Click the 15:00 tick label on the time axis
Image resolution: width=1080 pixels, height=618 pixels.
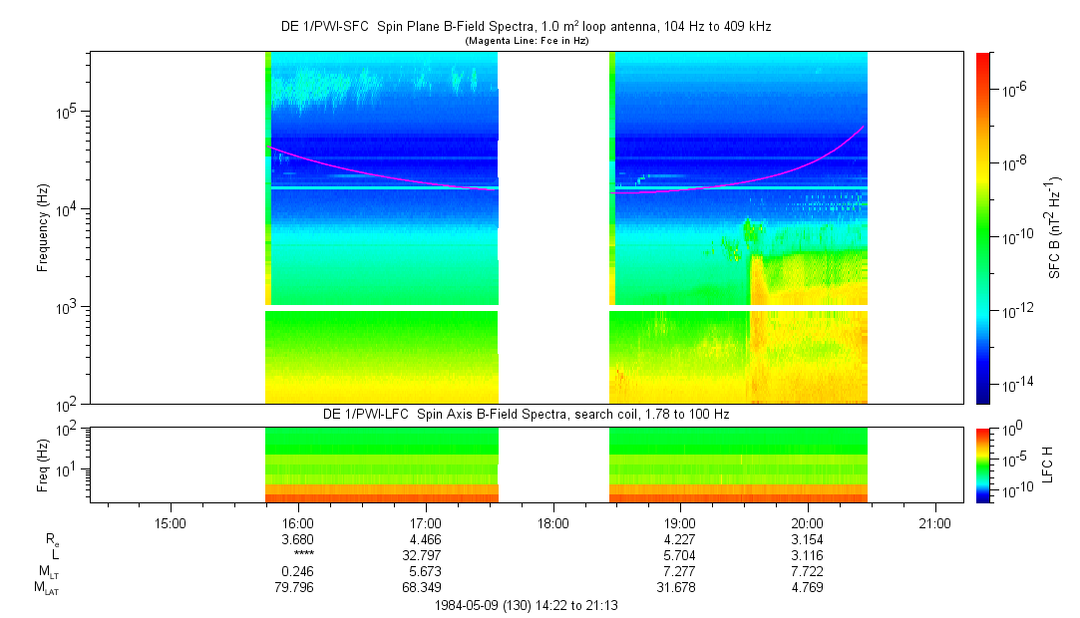[171, 522]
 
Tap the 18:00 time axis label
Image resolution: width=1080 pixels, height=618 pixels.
[552, 522]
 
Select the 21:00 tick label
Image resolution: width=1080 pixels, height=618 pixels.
[934, 522]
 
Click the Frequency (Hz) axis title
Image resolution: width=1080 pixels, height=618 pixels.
[43, 228]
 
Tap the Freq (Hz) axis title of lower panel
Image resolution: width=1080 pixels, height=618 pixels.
[43, 464]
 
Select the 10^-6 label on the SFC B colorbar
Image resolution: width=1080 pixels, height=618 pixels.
[1015, 90]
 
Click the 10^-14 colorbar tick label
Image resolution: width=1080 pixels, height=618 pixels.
[1017, 384]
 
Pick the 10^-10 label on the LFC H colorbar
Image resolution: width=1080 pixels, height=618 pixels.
[1017, 490]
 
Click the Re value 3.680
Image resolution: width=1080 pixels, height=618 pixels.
[298, 539]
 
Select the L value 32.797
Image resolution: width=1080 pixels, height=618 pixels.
[426, 555]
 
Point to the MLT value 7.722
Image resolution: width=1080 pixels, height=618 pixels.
[807, 571]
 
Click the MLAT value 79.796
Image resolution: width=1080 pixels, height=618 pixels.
[298, 587]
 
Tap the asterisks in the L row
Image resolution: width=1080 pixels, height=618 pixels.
[298, 556]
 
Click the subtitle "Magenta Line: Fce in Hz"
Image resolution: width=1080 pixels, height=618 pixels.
[528, 41]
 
